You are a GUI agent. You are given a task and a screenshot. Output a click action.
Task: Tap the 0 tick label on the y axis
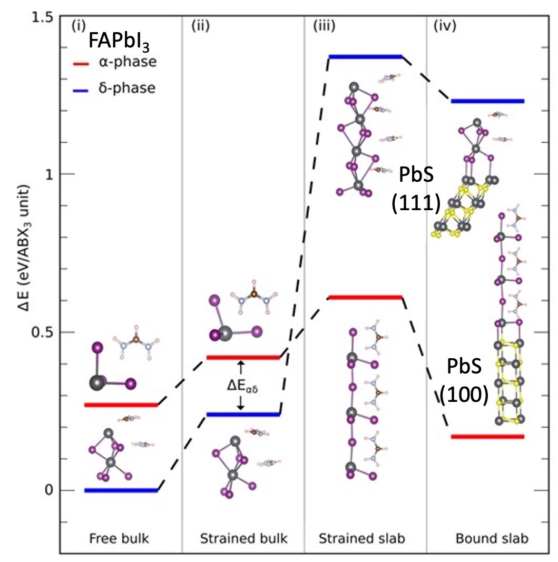coord(48,490)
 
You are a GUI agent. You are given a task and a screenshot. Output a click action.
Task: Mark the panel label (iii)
coord(321,25)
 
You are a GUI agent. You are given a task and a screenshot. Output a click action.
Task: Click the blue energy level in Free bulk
coord(121,490)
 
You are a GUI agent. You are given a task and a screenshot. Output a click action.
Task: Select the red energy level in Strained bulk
coord(243,357)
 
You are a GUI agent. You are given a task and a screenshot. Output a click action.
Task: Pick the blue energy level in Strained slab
coord(366,56)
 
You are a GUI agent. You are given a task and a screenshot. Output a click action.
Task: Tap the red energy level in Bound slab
coord(488,436)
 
